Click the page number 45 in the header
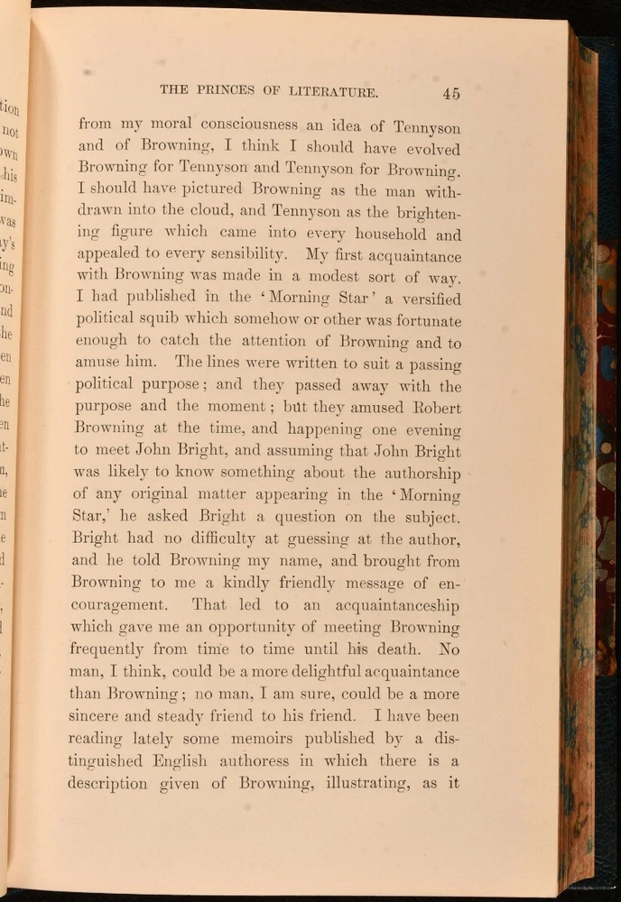click(451, 92)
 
